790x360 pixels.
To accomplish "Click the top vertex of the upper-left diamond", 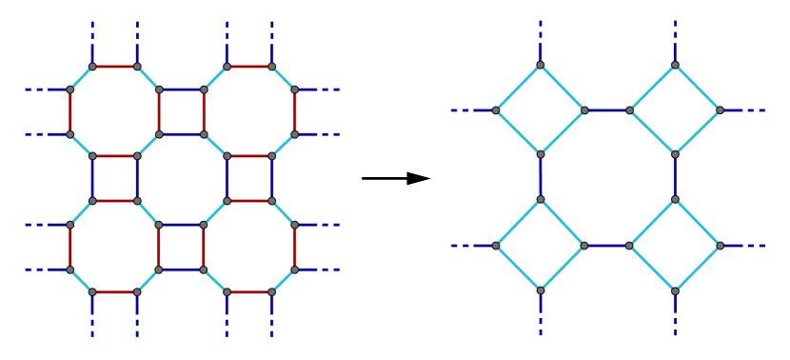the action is pos(540,66).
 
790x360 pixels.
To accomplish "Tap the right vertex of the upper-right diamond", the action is pos(720,110).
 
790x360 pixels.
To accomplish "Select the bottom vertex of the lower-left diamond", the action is pos(540,290).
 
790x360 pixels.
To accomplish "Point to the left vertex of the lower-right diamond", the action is pos(630,246).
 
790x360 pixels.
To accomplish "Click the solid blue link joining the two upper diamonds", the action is pos(607,110).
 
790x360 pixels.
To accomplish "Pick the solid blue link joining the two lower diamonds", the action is pos(607,246).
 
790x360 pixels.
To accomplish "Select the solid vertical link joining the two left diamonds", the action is pos(540,177).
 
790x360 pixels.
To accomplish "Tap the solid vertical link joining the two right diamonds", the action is pos(675,177).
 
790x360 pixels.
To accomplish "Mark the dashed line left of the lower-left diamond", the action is pos(472,246).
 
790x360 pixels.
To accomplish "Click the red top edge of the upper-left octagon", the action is pos(114,67).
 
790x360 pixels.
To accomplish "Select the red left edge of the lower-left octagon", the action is pos(69,248).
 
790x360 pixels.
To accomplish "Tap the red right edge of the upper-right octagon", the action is pos(294,112).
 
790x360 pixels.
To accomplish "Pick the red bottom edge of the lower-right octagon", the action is pos(249,292).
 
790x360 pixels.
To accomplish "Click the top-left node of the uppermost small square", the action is pos(159,90).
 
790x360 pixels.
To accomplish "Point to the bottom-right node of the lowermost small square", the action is pos(204,270).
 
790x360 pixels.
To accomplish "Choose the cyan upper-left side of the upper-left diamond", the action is pos(518,88).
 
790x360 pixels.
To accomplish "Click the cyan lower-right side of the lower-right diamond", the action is pos(698,269).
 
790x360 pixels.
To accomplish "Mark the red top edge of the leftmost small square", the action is pos(114,156).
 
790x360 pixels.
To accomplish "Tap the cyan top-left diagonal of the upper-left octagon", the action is pos(81,78).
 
